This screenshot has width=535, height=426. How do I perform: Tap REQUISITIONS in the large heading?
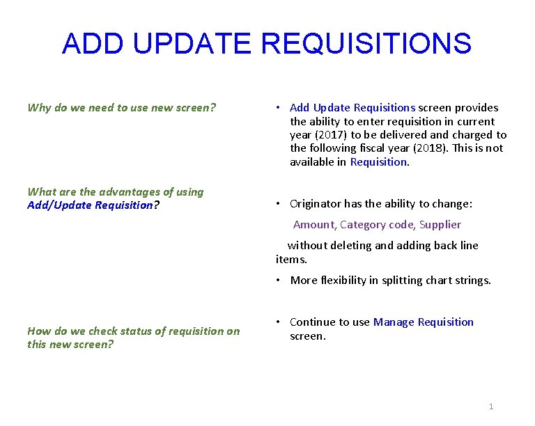pyautogui.click(x=367, y=44)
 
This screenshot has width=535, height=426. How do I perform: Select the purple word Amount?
pyautogui.click(x=314, y=225)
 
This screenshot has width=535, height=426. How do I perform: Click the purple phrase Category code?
pyautogui.click(x=376, y=225)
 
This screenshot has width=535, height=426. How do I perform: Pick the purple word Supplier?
pyautogui.click(x=440, y=225)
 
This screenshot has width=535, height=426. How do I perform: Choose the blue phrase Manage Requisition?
pyautogui.click(x=423, y=322)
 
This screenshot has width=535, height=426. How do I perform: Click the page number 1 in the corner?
pyautogui.click(x=491, y=407)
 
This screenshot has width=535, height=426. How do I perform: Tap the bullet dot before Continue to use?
pyautogui.click(x=277, y=322)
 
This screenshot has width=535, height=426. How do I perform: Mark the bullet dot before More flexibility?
pyautogui.click(x=277, y=281)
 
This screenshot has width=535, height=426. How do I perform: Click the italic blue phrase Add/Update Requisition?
pyautogui.click(x=89, y=205)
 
